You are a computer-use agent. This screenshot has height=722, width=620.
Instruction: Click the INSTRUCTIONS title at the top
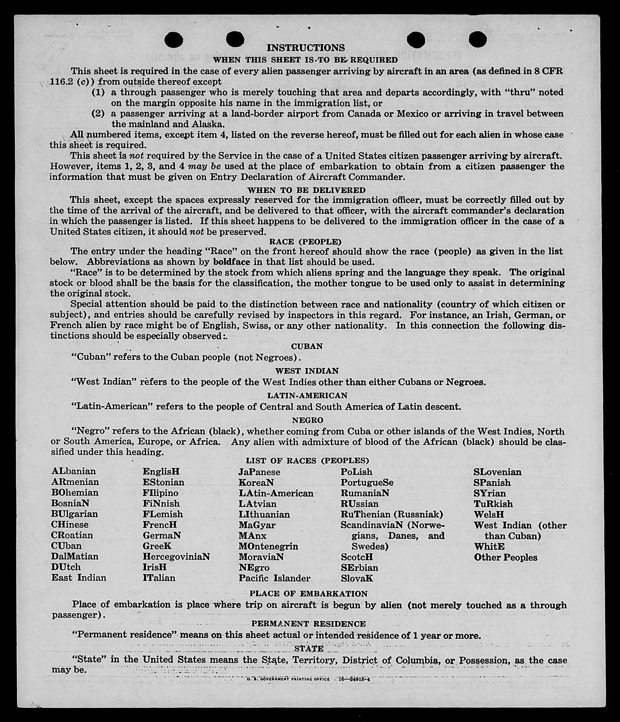(x=305, y=48)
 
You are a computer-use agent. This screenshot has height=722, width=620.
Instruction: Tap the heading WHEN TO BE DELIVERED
(x=306, y=190)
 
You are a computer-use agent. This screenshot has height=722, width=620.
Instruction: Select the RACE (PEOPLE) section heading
(x=305, y=242)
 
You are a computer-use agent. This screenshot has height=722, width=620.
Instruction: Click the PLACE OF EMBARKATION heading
(x=308, y=593)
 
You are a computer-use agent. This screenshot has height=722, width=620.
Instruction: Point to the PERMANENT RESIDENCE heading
(x=308, y=624)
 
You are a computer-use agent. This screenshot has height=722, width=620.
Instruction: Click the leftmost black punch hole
(x=174, y=40)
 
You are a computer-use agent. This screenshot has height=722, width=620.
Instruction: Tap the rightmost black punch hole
(x=478, y=39)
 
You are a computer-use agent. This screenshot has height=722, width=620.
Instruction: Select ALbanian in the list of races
(x=74, y=471)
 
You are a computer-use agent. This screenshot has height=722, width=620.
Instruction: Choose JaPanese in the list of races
(x=259, y=472)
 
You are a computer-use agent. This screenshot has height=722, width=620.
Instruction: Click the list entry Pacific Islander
(x=274, y=578)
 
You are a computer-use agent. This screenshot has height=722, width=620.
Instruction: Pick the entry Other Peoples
(x=505, y=557)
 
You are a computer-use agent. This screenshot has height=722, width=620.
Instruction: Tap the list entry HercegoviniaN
(x=176, y=557)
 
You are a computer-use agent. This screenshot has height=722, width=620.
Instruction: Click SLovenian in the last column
(x=497, y=472)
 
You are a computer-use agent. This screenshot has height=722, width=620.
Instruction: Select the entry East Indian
(x=78, y=578)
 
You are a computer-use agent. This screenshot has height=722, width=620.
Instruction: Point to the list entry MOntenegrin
(x=268, y=546)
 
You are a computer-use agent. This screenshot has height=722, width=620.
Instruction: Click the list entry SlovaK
(x=357, y=578)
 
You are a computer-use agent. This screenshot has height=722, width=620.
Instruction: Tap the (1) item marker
(x=98, y=92)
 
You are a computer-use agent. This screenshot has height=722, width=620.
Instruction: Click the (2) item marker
(x=98, y=114)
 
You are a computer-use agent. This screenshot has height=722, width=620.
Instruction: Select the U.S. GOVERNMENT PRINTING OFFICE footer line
(x=308, y=679)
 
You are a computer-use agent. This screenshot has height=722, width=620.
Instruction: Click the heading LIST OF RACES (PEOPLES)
(x=307, y=461)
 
